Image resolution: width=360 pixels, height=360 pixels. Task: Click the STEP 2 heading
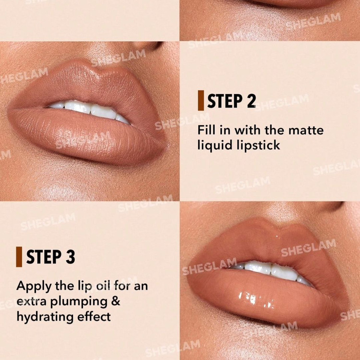231,101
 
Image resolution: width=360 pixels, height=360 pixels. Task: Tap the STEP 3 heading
51,257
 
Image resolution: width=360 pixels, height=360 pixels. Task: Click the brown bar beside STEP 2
201,101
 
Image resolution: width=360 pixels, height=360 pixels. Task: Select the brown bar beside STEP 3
19,257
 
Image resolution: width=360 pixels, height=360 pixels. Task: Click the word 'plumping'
79,302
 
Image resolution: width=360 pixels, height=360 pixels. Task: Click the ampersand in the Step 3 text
116,301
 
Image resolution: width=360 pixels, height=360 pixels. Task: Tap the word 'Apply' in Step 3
34,287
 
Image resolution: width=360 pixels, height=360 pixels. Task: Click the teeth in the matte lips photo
90,111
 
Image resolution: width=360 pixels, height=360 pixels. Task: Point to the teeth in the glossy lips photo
271,271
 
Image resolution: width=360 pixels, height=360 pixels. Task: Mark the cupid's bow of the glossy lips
276,226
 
